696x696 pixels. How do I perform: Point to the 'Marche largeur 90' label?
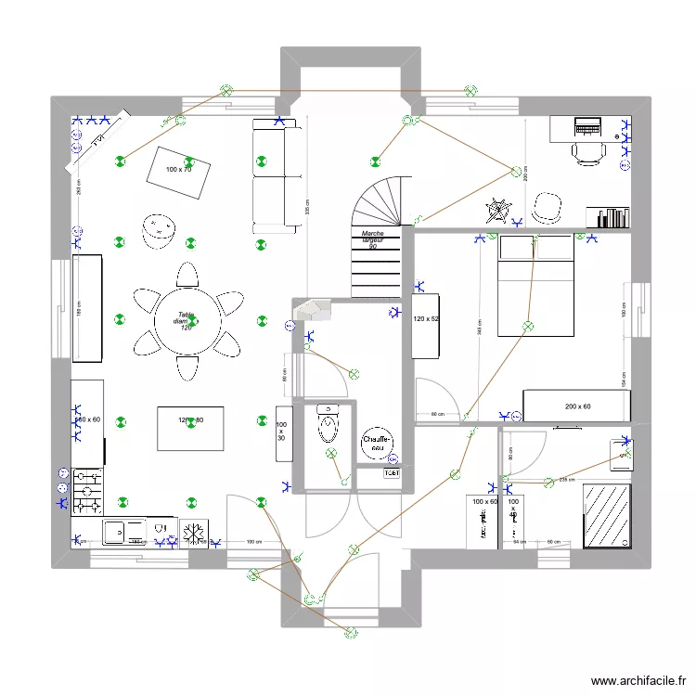373,240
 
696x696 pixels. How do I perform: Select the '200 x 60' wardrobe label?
577,406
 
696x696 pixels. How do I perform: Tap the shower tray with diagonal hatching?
607,515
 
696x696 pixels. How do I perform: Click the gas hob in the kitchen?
87,492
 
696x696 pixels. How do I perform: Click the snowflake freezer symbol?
194,534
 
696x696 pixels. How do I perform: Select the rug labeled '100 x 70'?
178,171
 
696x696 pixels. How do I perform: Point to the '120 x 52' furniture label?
425,319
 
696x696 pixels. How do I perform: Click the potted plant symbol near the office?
498,209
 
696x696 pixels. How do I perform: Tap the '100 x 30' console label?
281,431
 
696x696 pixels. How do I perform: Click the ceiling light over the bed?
527,326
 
